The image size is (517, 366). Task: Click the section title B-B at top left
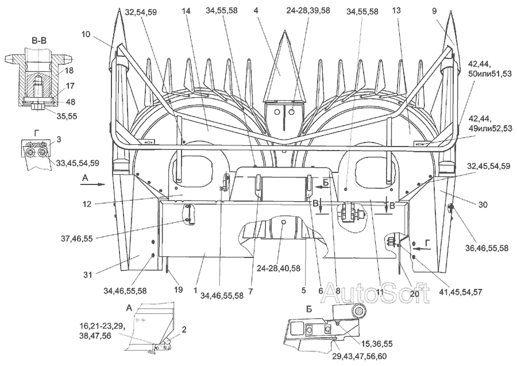[38, 41]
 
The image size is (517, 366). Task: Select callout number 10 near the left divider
[86, 34]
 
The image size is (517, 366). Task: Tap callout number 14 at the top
[186, 11]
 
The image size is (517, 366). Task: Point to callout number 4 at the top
[256, 10]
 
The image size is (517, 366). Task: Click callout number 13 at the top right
[396, 10]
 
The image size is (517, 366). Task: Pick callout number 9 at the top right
[434, 11]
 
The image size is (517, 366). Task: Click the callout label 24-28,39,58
[308, 10]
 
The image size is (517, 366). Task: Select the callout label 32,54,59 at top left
[141, 12]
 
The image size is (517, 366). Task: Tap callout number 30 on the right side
[483, 205]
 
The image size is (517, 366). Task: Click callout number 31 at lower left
[87, 274]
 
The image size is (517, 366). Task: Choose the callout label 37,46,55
[76, 238]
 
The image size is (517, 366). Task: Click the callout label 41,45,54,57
[461, 292]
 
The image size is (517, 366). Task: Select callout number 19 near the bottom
[179, 290]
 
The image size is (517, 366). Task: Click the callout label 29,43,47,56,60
[359, 357]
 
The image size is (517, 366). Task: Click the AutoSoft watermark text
[375, 292]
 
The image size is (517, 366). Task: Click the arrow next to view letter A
[92, 184]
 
